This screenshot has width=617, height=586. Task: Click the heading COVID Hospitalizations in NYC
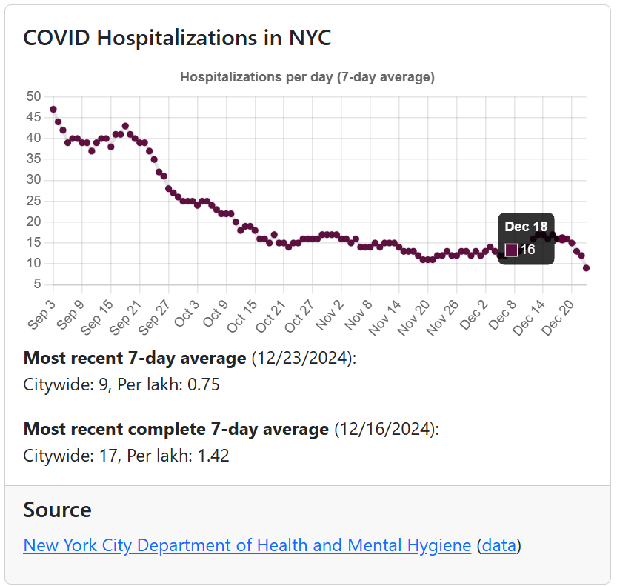click(x=177, y=38)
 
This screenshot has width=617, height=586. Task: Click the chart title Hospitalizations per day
click(x=307, y=77)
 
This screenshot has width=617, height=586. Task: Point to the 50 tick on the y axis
click(x=33, y=96)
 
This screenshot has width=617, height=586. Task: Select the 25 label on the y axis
click(x=33, y=201)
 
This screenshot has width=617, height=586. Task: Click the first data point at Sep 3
click(x=53, y=109)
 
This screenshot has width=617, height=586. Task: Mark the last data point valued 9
click(x=586, y=268)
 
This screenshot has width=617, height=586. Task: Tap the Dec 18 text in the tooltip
click(x=526, y=227)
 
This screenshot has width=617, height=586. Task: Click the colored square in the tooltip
click(x=511, y=250)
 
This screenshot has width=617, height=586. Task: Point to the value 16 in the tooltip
click(x=527, y=250)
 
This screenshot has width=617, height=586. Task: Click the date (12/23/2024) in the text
click(x=301, y=359)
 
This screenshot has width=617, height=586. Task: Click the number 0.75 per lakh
click(x=203, y=384)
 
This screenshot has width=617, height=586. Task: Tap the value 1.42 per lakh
click(x=213, y=455)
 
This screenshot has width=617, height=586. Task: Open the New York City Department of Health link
click(x=247, y=546)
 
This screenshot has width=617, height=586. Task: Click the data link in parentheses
click(x=498, y=546)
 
